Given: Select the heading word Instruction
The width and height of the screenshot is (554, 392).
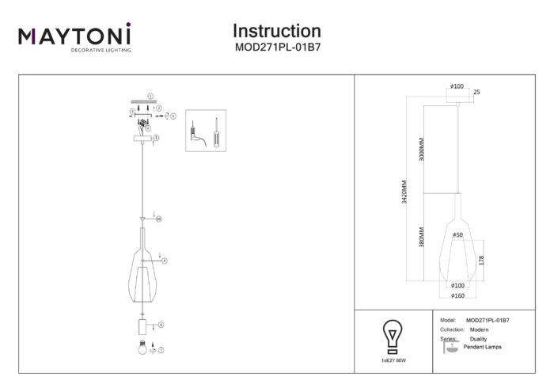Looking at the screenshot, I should tap(276, 31).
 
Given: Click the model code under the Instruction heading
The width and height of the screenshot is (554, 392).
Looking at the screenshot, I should tap(276, 47).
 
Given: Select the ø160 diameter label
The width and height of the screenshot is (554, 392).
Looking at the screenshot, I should tap(457, 295).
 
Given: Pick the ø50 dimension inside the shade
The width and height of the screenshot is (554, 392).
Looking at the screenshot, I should tap(457, 234).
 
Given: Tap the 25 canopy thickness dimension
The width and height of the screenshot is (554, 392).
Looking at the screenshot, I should tap(476, 93).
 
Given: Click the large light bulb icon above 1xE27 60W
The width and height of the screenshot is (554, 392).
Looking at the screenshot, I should tap(392, 336).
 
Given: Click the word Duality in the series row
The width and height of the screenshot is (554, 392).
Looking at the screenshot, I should tap(478, 338).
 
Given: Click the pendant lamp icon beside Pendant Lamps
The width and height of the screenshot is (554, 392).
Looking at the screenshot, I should tap(450, 349).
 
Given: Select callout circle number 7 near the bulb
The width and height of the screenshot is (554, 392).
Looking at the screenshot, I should tap(161, 349).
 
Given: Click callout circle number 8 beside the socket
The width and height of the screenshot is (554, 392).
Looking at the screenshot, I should tap(161, 324).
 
